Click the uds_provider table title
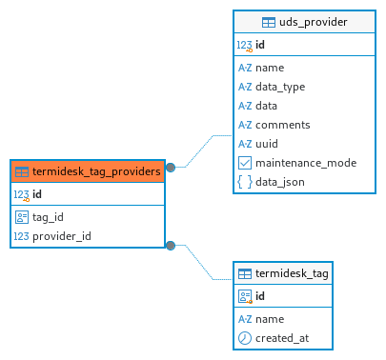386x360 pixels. pos(314,22)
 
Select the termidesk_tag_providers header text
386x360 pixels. pos(96,171)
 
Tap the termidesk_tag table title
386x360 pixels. pos(292,273)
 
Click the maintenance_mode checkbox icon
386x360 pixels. pos(245,163)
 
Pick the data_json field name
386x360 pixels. pos(280,182)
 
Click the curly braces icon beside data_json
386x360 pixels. pos(245,182)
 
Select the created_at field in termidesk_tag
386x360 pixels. pos(282,338)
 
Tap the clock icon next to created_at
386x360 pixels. pos(245,338)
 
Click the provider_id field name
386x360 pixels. pos(62,236)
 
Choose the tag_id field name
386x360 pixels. pos(48,217)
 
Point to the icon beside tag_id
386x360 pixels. pos(22,217)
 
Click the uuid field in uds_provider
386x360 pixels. pos(267,144)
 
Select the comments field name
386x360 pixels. pos(283,125)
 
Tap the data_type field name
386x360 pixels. pos(280,87)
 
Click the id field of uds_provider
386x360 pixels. pos(260,45)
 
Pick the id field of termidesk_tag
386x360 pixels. pos(260,296)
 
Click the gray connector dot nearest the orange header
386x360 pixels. pos(171,168)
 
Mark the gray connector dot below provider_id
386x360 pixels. pos(171,246)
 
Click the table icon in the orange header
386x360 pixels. pos(22,172)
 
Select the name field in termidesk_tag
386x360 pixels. pos(270,319)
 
